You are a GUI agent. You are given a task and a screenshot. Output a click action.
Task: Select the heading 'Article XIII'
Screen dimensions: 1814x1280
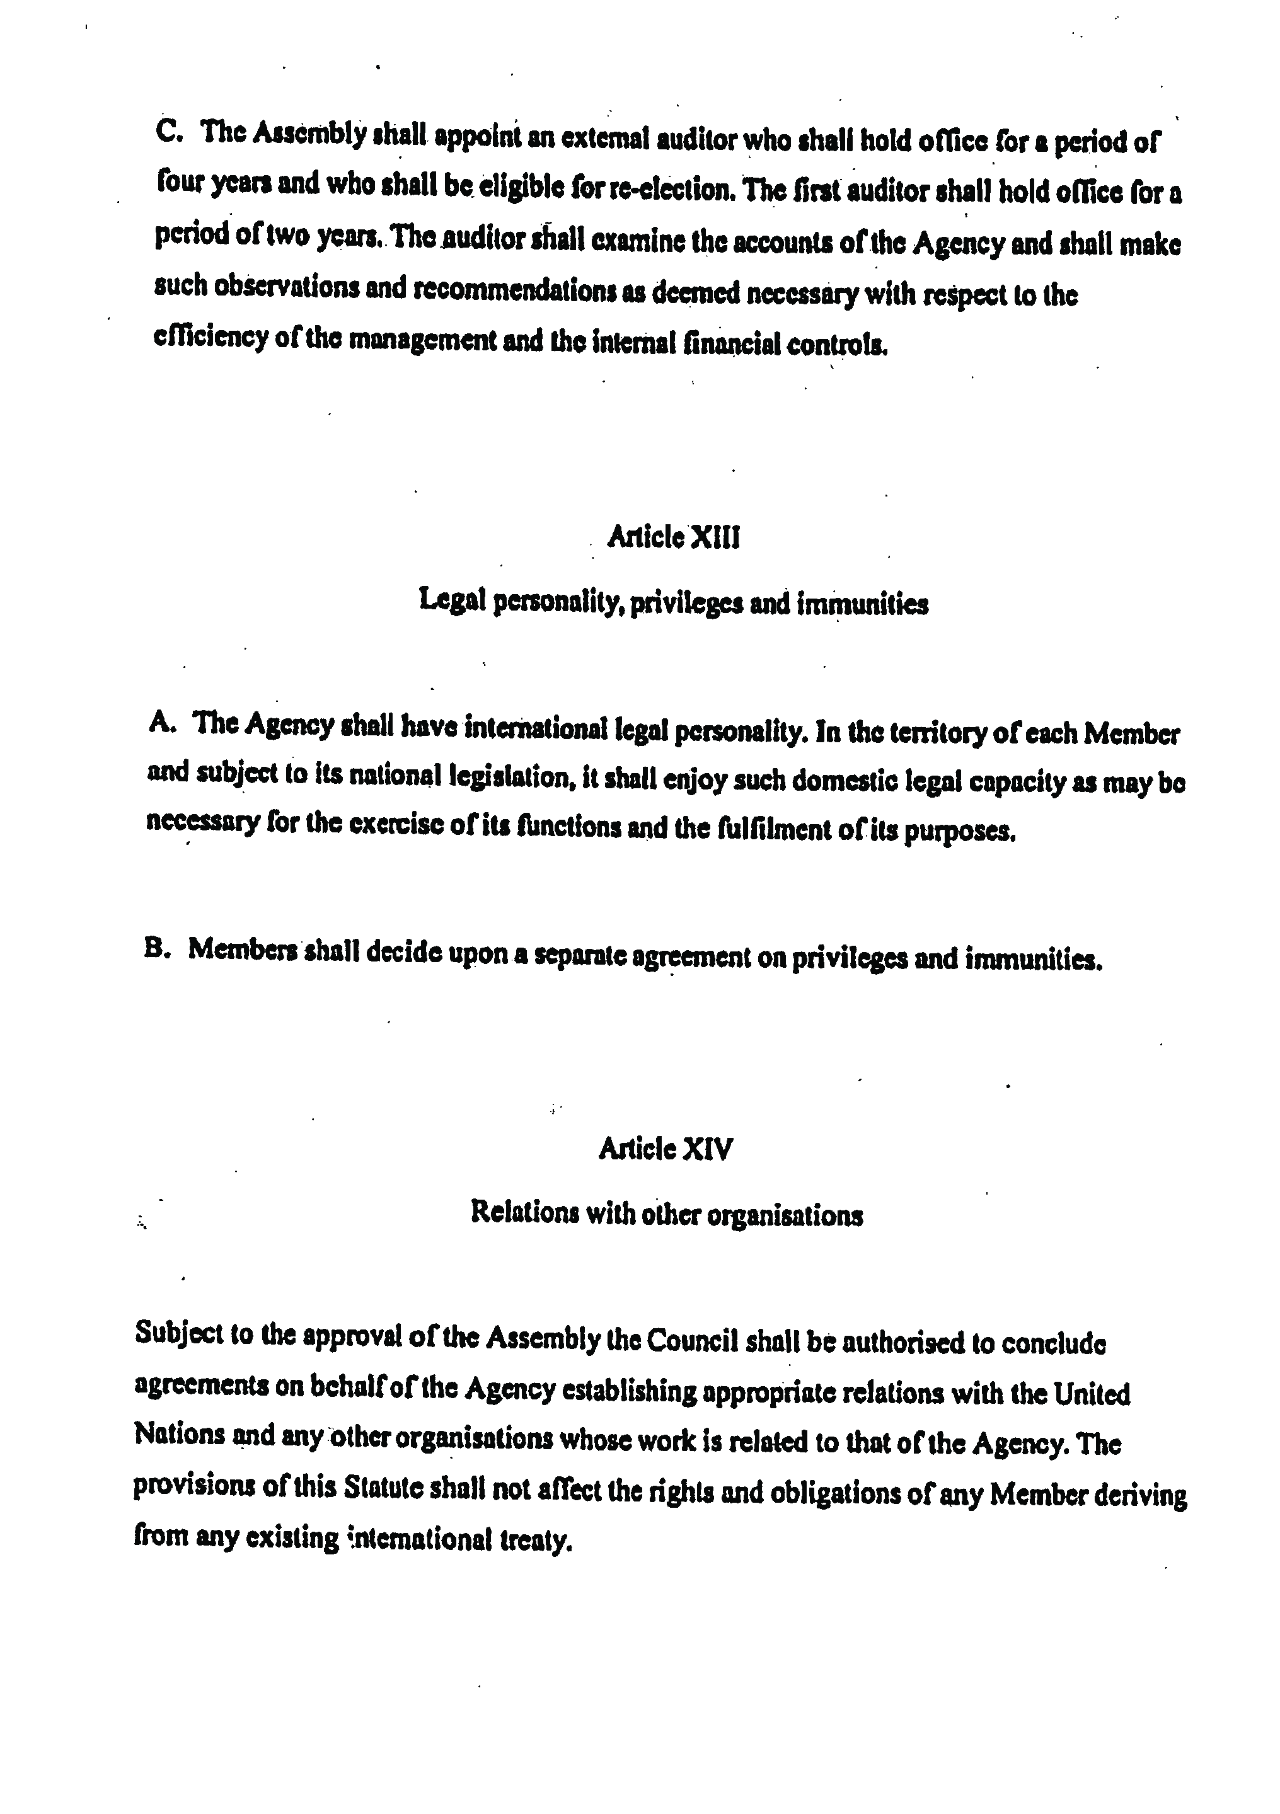(x=673, y=538)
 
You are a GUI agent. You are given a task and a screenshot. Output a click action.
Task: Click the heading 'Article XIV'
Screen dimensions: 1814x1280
(x=666, y=1148)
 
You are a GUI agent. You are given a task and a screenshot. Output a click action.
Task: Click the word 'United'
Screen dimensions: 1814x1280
(x=1092, y=1394)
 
